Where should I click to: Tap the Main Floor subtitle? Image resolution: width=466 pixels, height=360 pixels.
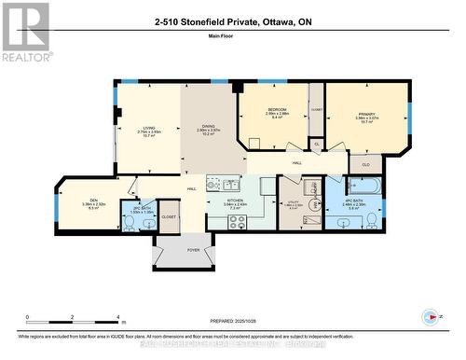coord(233,38)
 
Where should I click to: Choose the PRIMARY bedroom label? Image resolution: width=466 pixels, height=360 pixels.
coord(364,115)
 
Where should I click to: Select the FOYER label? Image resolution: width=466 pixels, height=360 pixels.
coord(194,250)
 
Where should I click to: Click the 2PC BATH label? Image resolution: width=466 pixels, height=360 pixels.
coord(141,208)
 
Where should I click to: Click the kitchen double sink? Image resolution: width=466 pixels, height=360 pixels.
coord(216,183)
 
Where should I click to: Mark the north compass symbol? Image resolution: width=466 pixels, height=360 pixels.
coord(431,316)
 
